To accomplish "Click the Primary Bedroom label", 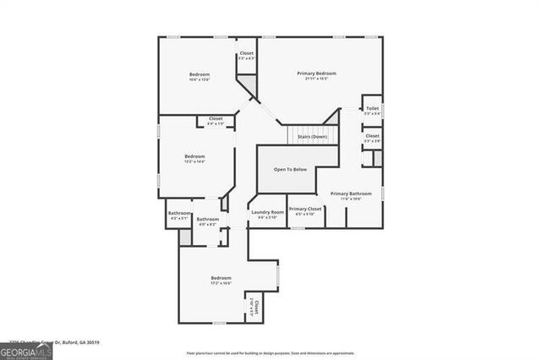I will point(312,74).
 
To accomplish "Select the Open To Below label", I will point(289,170).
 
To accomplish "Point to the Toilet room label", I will point(373,108).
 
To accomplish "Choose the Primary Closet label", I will point(304,209).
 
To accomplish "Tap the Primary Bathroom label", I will point(351,194).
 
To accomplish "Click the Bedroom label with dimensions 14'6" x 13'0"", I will point(199,75).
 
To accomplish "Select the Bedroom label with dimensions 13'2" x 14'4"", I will point(195,155).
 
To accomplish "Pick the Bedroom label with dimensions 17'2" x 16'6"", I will point(221,278).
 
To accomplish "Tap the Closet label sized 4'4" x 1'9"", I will point(216,118).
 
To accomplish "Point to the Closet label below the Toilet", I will point(373,135).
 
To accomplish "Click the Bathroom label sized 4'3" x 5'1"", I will point(179,213).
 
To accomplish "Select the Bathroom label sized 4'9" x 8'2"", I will point(208,220).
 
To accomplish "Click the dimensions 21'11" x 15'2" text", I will point(312,79).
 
